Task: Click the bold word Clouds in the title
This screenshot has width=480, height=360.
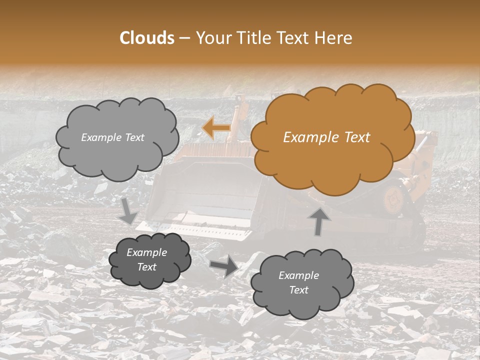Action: tap(147, 38)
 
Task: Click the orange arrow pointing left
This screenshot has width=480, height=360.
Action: tap(216, 128)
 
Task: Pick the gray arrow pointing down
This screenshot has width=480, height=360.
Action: tap(129, 210)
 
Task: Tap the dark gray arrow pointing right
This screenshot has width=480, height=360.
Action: tap(224, 267)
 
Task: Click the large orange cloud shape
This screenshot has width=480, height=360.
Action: tap(331, 137)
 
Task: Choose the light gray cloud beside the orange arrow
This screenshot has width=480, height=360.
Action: tap(116, 137)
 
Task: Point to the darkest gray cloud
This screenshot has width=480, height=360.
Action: tap(149, 259)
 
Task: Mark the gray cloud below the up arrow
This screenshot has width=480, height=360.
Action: tap(301, 283)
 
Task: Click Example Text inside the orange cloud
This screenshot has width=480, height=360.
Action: tap(326, 137)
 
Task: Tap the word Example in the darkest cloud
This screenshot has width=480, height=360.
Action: tap(146, 252)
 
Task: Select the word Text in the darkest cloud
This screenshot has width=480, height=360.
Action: tap(146, 267)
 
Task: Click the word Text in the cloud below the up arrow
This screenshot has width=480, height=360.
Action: tap(298, 290)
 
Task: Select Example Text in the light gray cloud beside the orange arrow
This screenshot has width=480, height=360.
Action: tap(112, 137)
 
